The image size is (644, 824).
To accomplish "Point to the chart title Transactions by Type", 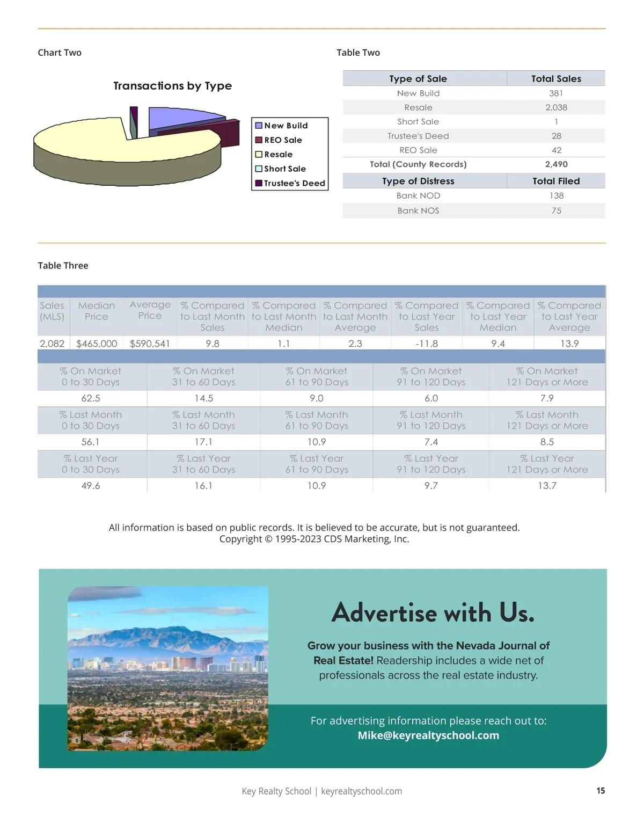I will [x=172, y=86].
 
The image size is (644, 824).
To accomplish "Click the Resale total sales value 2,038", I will [x=556, y=107].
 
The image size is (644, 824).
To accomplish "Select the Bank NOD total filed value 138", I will [x=556, y=196].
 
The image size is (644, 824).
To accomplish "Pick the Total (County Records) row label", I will [x=418, y=164].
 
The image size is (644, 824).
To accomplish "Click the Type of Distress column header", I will [x=418, y=181].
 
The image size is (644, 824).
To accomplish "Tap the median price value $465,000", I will [x=97, y=344].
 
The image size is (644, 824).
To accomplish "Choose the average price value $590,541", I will [x=150, y=344].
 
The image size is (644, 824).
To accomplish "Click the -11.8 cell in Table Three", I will [x=427, y=344].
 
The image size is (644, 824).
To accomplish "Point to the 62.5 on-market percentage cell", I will [x=91, y=398].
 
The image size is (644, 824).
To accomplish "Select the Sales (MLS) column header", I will [x=52, y=311].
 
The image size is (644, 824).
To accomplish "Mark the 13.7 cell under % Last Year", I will [x=547, y=486].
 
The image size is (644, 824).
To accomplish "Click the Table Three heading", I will [x=63, y=266].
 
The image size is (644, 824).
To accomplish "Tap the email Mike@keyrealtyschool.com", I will [x=428, y=735].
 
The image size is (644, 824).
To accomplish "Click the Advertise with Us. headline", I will [x=433, y=612].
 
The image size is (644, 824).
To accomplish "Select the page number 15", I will [x=601, y=791].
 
